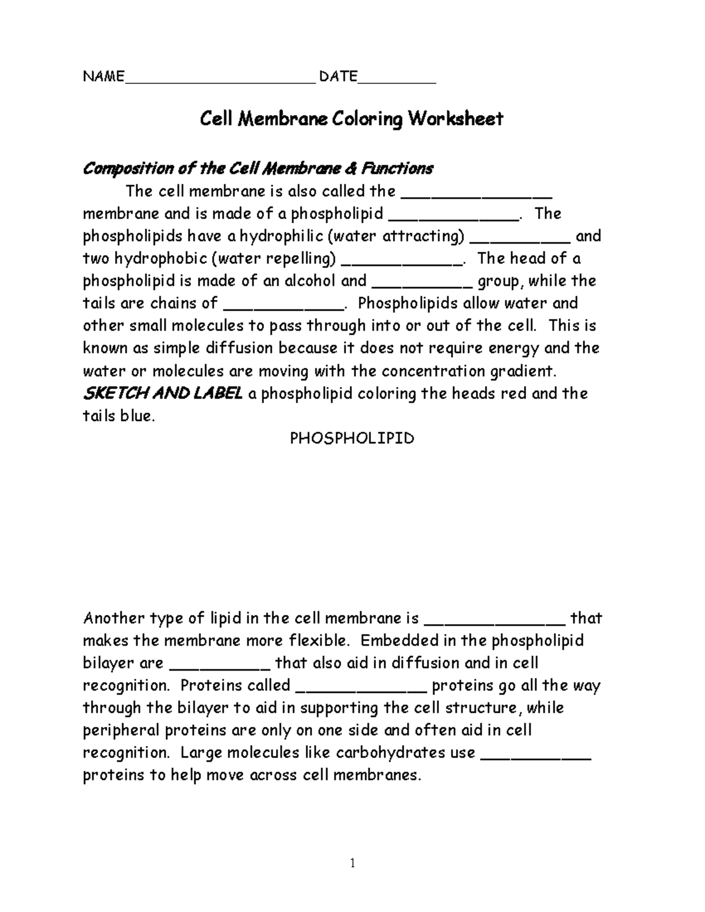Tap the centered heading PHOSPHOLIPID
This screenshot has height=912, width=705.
coord(352,439)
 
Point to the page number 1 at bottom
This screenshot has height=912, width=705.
coord(352,863)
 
